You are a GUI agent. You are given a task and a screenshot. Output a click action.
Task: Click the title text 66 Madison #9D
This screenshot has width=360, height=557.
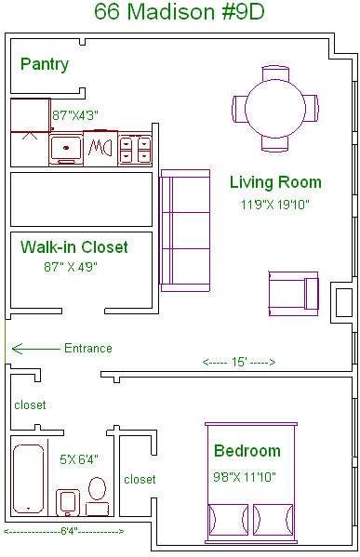[x=180, y=11]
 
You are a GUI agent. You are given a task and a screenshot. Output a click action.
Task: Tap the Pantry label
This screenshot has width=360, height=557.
[x=45, y=64]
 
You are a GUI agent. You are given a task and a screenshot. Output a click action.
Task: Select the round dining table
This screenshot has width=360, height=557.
[x=275, y=109]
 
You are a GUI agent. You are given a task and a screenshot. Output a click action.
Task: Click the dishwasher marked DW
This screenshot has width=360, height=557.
[x=100, y=148]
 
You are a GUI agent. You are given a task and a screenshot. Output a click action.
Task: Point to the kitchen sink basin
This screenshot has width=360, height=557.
[x=66, y=148]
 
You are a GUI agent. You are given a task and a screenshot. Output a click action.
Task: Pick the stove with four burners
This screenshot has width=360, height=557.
[x=135, y=150]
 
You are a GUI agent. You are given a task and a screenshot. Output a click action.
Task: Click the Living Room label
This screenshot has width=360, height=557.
[x=275, y=182]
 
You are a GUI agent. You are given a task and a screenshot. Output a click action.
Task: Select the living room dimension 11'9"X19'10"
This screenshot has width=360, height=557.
[x=275, y=205]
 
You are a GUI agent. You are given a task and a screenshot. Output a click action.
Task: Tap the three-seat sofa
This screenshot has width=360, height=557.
[x=185, y=231]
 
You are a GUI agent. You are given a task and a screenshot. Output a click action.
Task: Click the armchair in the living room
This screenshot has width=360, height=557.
[x=294, y=294]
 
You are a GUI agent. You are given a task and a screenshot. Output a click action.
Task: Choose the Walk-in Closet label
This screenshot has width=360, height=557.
[x=73, y=247]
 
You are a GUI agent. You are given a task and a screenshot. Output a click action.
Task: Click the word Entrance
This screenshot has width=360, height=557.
[x=88, y=348]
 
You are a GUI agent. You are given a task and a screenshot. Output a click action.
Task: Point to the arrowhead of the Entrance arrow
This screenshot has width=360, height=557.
[x=13, y=349]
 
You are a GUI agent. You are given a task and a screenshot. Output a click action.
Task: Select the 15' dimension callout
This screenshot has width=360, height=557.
[x=239, y=362]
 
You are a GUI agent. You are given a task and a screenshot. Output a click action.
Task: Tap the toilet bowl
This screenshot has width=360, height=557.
[x=97, y=489]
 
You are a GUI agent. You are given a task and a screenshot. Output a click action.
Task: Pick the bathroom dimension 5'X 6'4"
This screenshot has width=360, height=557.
[x=79, y=459]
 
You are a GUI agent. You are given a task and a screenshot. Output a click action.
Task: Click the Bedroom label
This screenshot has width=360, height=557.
[x=247, y=451]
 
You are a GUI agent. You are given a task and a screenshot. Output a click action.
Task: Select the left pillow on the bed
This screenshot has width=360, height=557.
[x=228, y=520]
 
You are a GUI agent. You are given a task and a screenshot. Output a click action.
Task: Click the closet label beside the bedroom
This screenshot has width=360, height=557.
[x=140, y=480]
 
